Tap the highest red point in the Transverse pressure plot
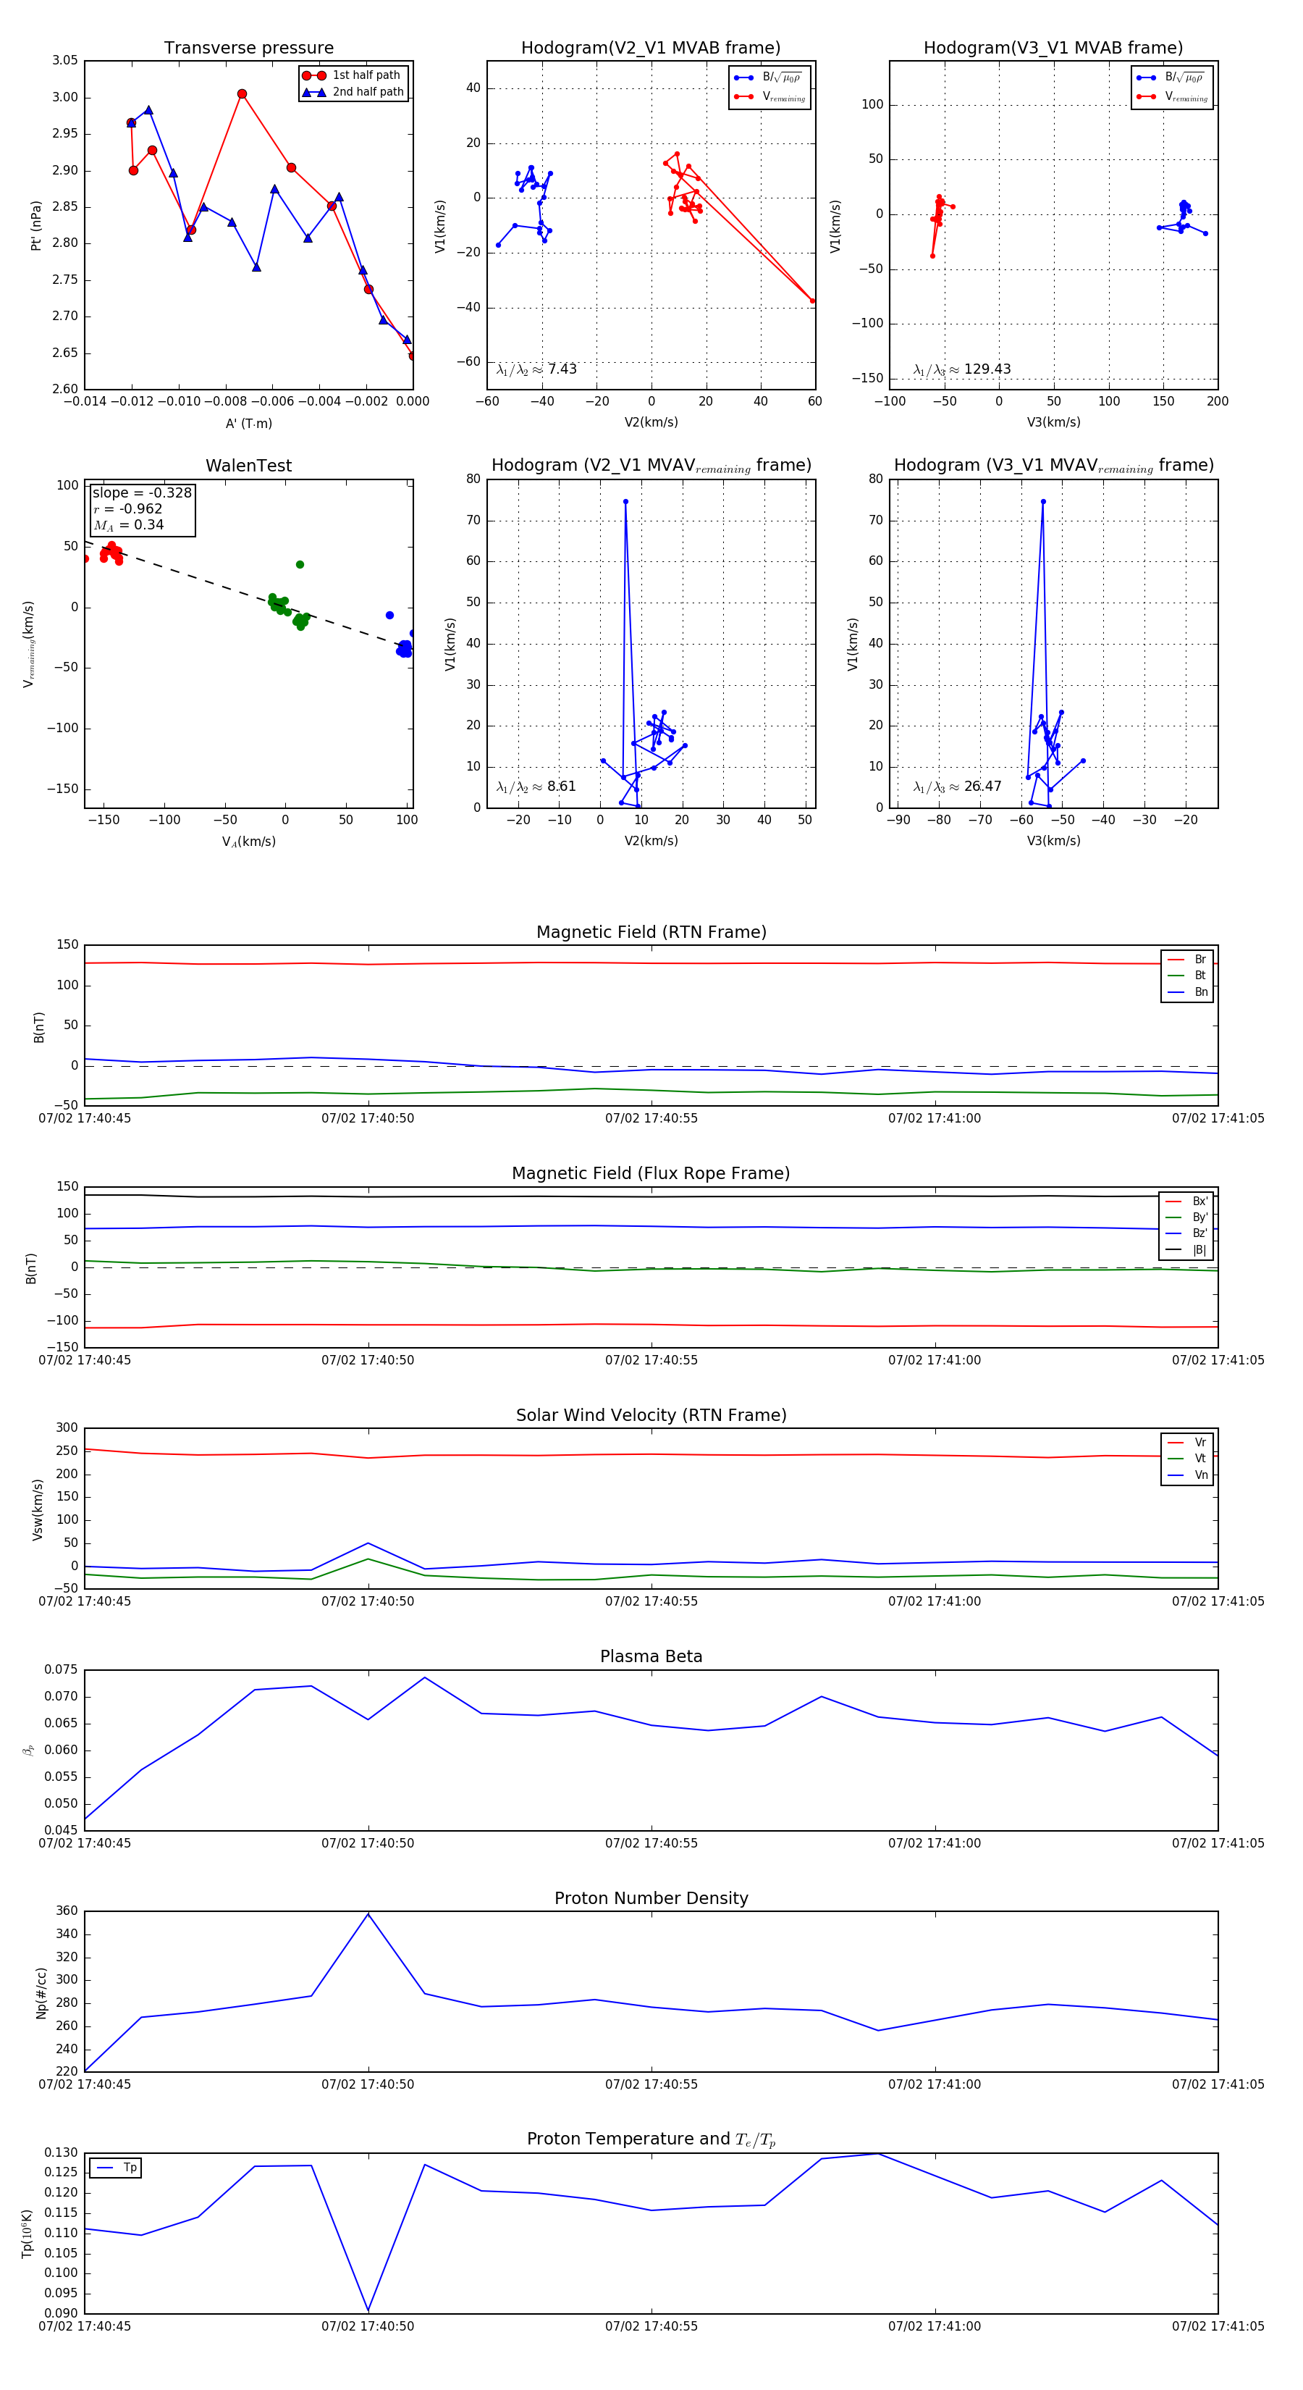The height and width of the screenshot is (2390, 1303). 242,93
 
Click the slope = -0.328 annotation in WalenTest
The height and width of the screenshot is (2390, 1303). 142,492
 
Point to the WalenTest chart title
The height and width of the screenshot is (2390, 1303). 248,466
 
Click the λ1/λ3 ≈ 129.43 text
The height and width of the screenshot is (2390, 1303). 962,369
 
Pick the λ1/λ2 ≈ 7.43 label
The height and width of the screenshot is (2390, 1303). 536,369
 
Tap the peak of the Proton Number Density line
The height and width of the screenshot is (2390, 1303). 368,1914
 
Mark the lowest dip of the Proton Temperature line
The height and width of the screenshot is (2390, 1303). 368,2310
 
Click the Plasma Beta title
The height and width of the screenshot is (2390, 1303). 651,1656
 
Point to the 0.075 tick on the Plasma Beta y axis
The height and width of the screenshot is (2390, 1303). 62,1669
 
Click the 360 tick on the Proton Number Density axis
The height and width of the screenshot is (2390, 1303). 67,1911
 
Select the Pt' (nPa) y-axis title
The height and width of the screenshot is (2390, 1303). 36,225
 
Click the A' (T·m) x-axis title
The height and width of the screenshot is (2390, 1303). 248,423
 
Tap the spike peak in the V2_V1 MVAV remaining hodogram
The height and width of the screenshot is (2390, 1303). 625,502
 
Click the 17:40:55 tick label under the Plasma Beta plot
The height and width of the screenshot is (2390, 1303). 651,1842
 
